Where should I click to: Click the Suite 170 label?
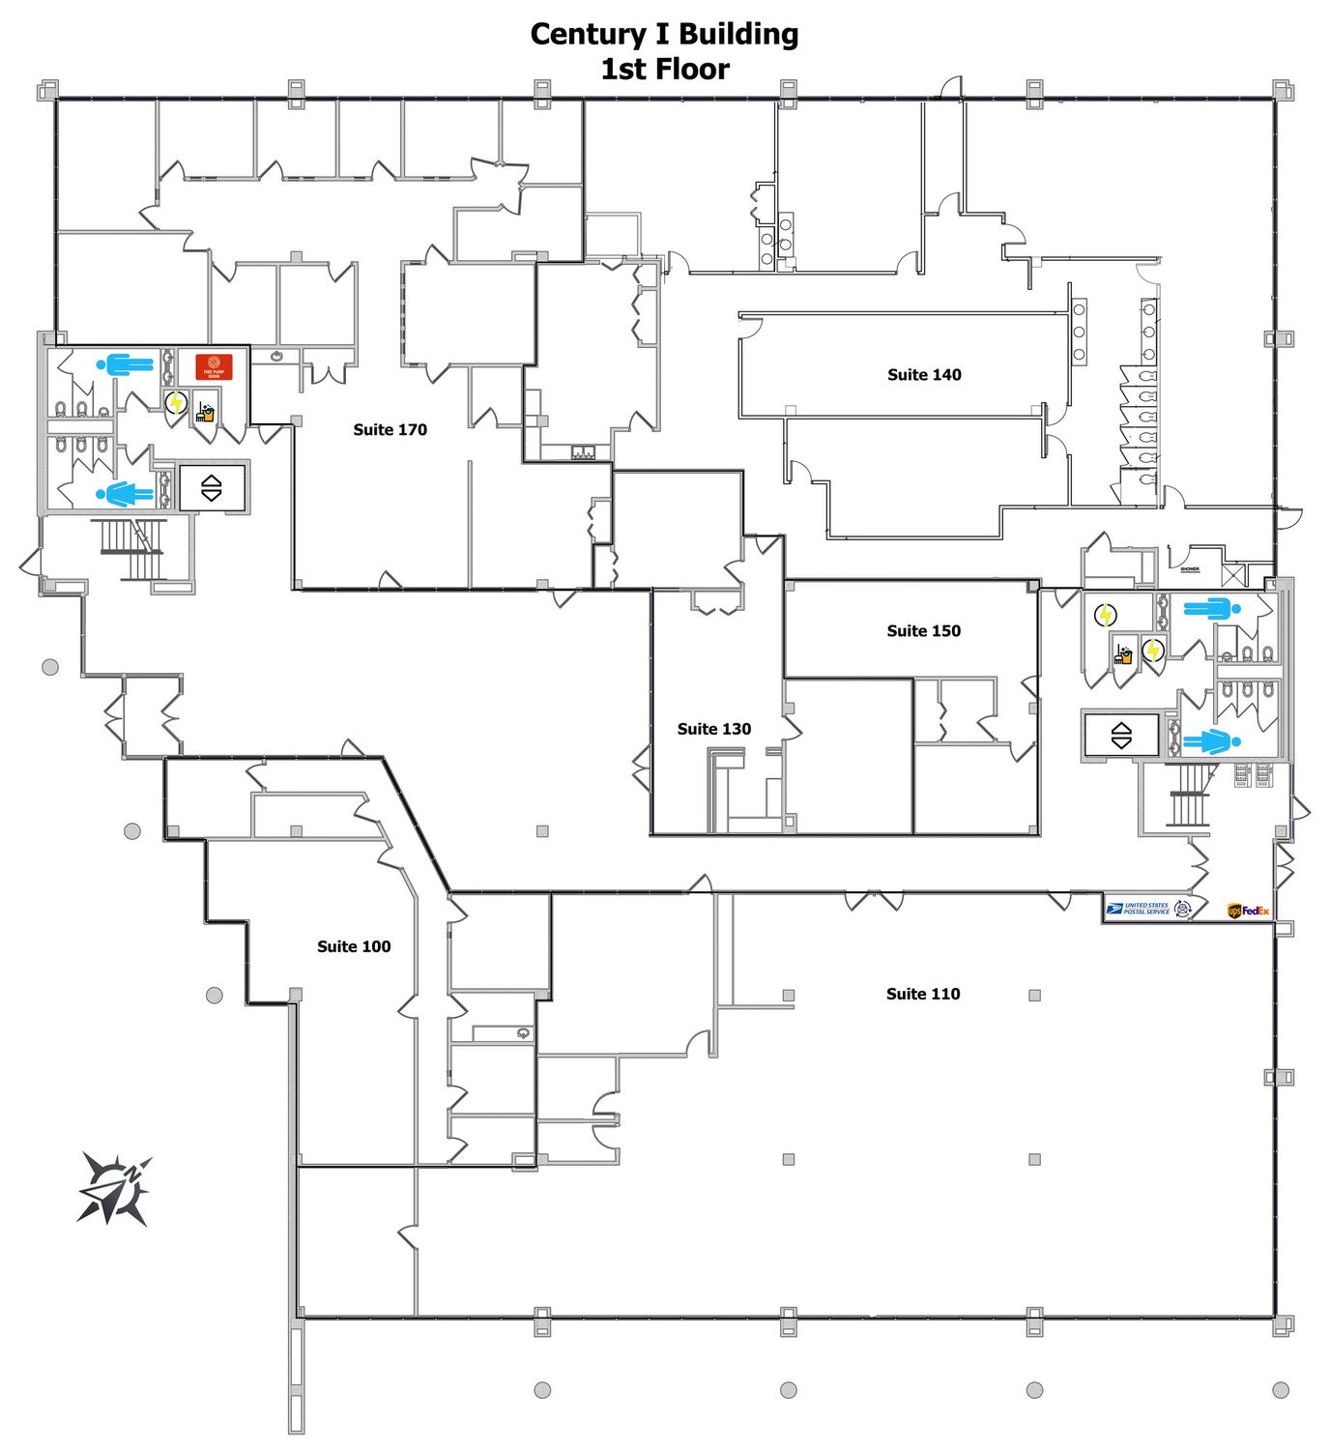[390, 430]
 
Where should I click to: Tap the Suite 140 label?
[924, 375]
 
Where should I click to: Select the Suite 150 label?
[923, 631]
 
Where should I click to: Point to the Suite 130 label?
[713, 729]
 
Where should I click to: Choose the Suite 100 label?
[354, 946]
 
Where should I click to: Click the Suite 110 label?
[923, 994]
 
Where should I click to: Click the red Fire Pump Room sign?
[214, 366]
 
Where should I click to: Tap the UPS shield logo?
[1234, 911]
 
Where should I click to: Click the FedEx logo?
[1256, 911]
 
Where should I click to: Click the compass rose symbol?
[115, 1188]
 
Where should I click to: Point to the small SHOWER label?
[1189, 569]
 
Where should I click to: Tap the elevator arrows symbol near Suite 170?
[212, 488]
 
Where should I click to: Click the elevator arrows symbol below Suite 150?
[1121, 736]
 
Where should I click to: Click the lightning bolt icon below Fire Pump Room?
[176, 402]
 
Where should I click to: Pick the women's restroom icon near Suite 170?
[125, 495]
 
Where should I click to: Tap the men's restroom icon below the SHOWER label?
[1207, 609]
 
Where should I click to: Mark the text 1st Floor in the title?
[665, 70]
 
